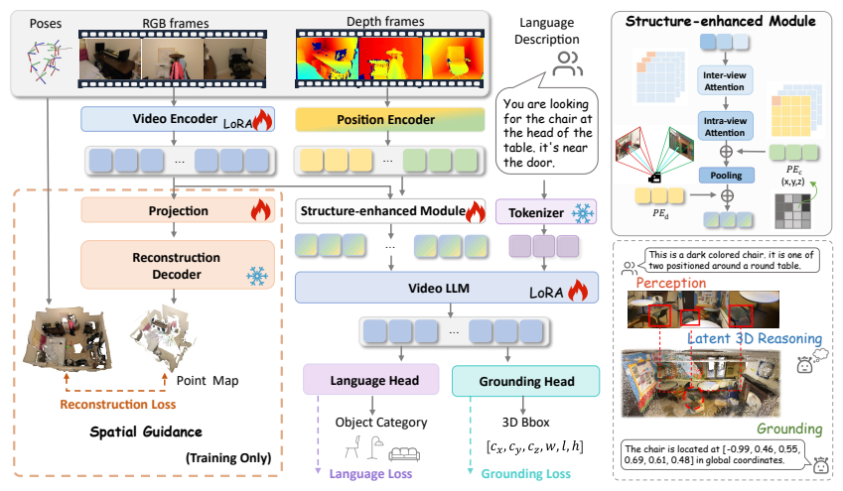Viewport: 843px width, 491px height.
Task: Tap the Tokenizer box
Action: tap(537, 211)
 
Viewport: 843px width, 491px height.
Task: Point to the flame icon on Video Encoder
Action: tap(261, 119)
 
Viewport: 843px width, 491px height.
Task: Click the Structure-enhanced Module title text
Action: tap(729, 20)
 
